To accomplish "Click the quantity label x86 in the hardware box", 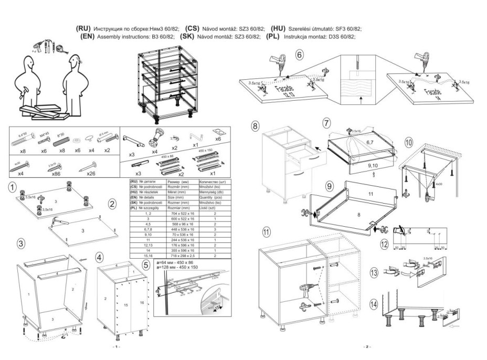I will coord(52,172).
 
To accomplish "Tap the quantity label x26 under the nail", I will coord(91,172).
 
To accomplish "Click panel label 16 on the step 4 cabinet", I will coord(141,303).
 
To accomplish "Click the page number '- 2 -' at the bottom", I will coord(367,347).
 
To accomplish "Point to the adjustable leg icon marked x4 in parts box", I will coord(158,137).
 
